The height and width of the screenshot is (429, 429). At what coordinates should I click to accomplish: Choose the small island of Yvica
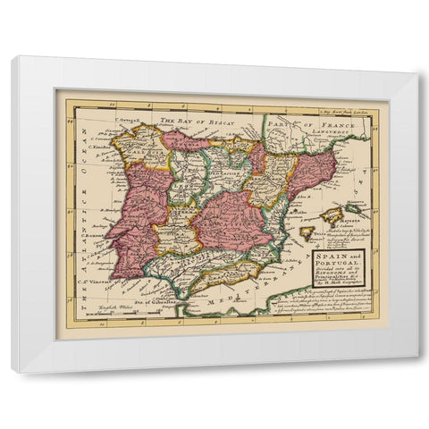[307, 231]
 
